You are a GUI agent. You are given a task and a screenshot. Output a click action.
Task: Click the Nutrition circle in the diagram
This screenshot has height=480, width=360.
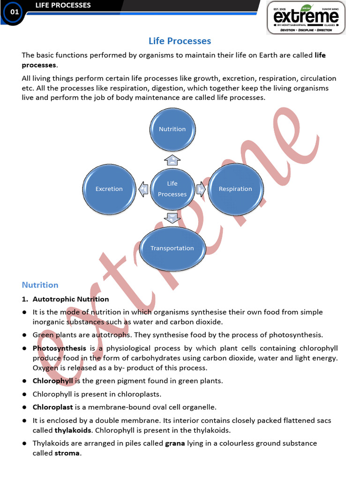point(172,129)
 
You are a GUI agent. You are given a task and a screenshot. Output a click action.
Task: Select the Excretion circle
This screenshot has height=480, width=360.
point(109,188)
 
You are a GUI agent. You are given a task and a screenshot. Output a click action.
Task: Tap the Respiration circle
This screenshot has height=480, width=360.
point(235,188)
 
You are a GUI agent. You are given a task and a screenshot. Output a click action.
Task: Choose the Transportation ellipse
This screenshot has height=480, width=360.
point(172,248)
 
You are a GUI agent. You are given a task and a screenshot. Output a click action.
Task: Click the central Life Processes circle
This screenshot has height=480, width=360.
point(172,188)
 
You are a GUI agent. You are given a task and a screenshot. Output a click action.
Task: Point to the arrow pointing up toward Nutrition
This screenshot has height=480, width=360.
point(172,160)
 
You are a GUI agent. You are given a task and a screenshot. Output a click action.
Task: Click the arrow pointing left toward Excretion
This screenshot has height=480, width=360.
point(143,189)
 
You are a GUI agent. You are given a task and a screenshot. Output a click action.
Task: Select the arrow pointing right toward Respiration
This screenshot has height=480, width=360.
point(201,189)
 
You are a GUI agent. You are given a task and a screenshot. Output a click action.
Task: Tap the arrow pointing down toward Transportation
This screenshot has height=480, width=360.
point(172,217)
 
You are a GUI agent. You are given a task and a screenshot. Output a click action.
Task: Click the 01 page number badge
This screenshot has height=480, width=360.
point(15,12)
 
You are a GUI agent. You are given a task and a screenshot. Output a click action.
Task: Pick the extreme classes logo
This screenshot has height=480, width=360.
point(306,18)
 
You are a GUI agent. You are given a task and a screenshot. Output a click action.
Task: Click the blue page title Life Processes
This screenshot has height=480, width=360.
point(180,41)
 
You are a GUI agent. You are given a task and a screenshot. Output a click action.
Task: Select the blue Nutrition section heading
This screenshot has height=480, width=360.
point(40,285)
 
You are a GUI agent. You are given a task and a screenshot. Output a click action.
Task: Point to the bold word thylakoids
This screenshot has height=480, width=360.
point(73,430)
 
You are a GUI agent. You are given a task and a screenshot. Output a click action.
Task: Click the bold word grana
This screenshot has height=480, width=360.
point(174,443)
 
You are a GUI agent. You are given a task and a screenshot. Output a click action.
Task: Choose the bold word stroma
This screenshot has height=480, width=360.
point(67,453)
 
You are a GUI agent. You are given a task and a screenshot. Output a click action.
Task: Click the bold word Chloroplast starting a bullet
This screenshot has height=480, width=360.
point(52,407)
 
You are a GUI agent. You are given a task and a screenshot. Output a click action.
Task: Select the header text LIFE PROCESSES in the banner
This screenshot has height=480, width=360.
point(63,6)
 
